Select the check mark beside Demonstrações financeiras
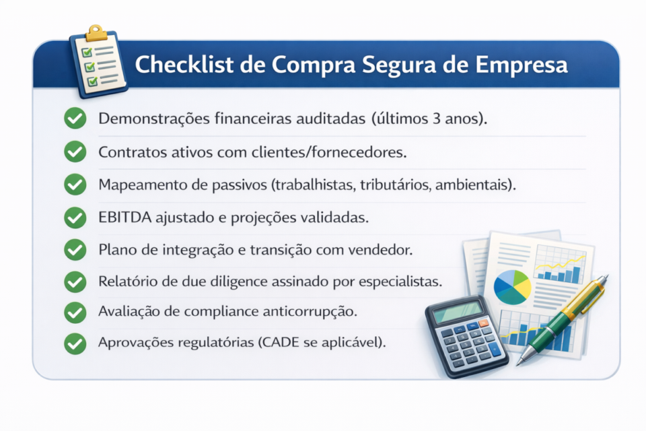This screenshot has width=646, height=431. click(x=75, y=119)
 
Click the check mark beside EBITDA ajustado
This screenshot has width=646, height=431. click(x=75, y=218)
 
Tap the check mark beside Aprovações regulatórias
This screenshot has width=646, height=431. click(x=75, y=343)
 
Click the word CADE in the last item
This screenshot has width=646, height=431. click(x=285, y=343)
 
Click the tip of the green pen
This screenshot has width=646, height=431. click(x=519, y=362)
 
